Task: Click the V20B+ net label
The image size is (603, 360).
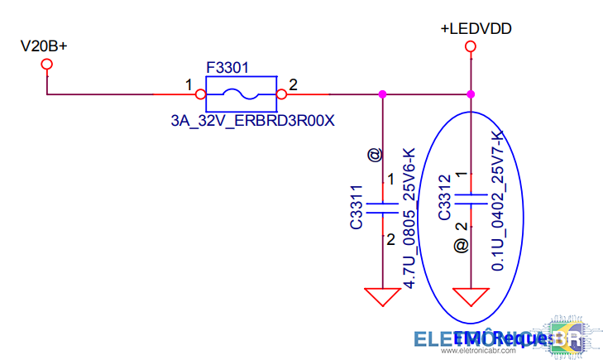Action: (44, 46)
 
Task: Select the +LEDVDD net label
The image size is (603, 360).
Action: (476, 29)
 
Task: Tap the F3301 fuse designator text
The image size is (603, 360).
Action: (227, 66)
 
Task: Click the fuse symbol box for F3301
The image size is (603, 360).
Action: (240, 94)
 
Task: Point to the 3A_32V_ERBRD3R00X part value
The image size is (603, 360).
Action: (252, 121)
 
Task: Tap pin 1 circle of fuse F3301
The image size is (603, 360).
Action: (199, 94)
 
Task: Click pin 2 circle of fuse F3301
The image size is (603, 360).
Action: (280, 94)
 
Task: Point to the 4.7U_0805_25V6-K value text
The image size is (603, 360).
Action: (408, 217)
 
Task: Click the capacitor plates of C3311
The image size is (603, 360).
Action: (381, 206)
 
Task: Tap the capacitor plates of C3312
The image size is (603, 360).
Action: (471, 199)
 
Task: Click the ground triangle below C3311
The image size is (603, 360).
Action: (381, 295)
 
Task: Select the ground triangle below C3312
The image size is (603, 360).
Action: (470, 295)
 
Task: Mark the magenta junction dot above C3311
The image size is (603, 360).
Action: (381, 94)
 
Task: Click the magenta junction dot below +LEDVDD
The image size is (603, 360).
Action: (470, 94)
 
